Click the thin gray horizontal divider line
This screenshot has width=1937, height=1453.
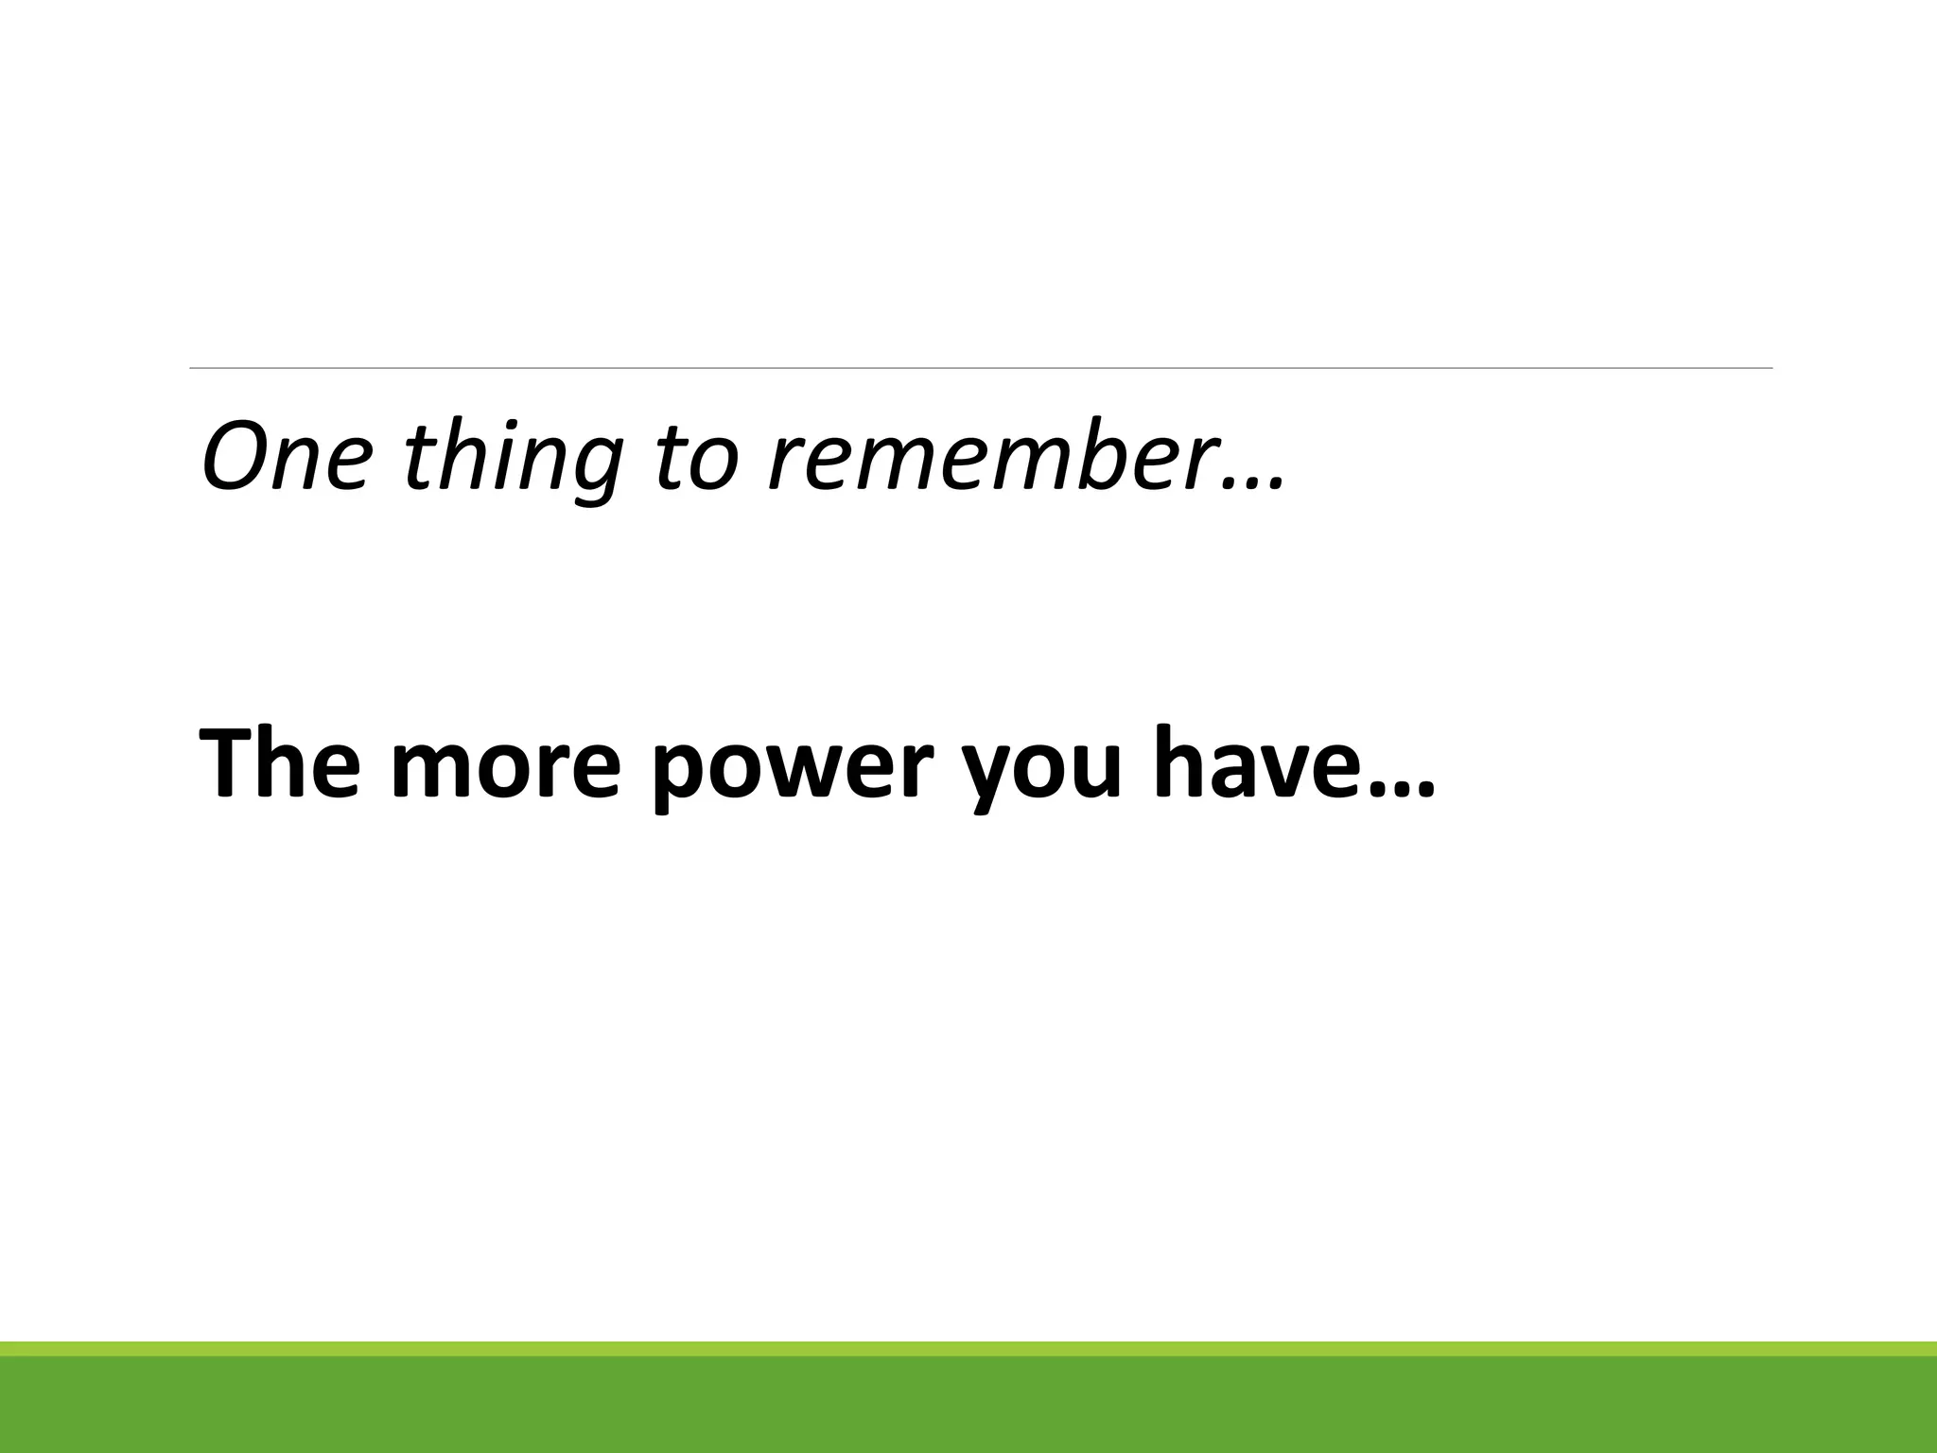pos(981,368)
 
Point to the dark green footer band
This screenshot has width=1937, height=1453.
pos(968,1406)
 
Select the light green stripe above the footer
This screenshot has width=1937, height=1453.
pos(968,1348)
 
